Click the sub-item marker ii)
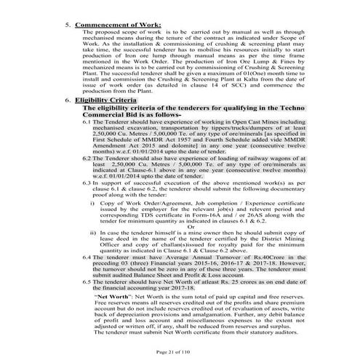[x=93, y=232]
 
